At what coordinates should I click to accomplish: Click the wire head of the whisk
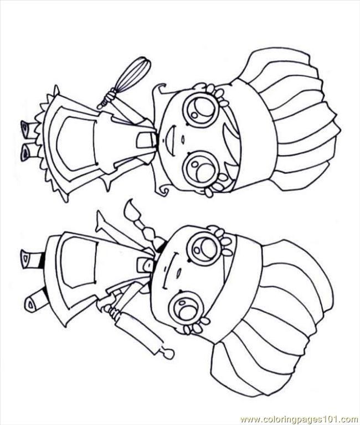133,72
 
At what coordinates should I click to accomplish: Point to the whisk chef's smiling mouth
169,136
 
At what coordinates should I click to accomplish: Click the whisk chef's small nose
183,139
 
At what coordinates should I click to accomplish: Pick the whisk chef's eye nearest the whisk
200,108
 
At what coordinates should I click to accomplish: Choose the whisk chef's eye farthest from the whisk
200,166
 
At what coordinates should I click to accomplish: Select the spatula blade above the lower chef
132,211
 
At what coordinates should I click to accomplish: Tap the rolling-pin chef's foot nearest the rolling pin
37,302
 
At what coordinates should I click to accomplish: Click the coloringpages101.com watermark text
299,419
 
